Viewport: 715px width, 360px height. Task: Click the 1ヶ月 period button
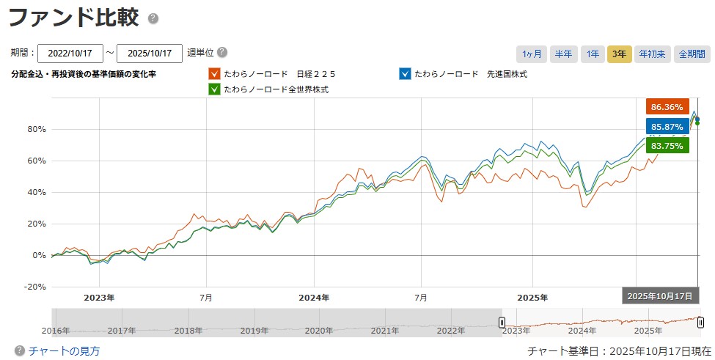pos(532,54)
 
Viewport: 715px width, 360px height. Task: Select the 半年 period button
pos(563,54)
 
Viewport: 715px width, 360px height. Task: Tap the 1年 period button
pos(591,54)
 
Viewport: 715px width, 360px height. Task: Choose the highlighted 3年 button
pos(619,54)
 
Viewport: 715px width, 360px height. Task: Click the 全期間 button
pos(692,54)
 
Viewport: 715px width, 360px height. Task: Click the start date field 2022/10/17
pos(70,54)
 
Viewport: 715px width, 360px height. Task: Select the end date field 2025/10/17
pos(149,54)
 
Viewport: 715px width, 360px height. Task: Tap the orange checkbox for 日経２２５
pos(214,74)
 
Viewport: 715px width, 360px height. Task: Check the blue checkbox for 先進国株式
pos(405,74)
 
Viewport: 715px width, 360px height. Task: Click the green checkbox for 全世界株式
pos(214,89)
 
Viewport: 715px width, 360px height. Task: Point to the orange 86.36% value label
pos(667,106)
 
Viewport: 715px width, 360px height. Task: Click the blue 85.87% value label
pos(667,126)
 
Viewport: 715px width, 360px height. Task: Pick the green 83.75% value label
pos(667,146)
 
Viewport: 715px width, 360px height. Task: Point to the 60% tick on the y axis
pos(36,161)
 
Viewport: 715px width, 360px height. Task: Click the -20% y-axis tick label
pos(34,287)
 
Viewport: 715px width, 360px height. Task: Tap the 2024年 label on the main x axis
pos(314,298)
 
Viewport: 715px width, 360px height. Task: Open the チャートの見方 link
pos(64,351)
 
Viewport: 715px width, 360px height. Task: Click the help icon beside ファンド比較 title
pos(153,18)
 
